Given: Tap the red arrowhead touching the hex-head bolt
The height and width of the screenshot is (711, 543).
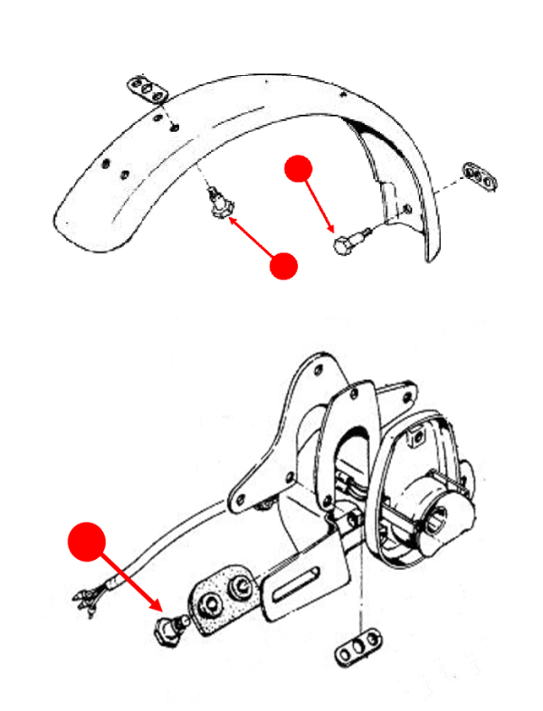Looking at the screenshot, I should pyautogui.click(x=333, y=230).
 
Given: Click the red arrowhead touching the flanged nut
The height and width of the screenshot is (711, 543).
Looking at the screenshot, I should pyautogui.click(x=234, y=220).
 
